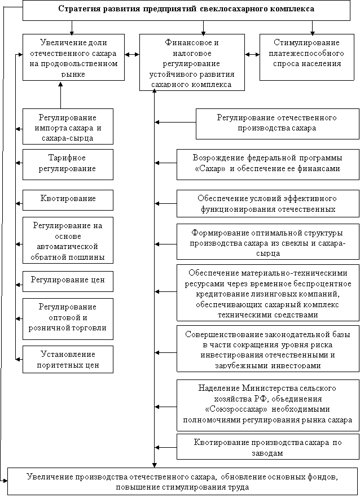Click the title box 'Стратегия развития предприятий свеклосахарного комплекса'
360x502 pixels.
point(186,10)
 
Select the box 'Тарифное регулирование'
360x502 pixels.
point(68,164)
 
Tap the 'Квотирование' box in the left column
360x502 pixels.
point(68,200)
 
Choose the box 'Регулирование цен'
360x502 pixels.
point(68,281)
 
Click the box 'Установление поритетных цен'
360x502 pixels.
point(68,359)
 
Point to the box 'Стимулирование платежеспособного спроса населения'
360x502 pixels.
point(306,57)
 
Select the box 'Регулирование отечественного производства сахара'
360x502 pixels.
point(278,124)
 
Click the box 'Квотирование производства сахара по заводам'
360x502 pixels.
point(268,447)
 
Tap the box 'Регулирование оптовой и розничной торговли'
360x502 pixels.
point(68,319)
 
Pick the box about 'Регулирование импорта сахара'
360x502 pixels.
point(68,126)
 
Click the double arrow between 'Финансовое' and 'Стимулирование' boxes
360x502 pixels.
point(252,55)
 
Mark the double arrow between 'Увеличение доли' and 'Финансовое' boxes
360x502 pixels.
point(132,55)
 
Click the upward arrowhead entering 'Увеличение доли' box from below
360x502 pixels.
point(60,84)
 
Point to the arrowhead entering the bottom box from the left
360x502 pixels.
point(5,480)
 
